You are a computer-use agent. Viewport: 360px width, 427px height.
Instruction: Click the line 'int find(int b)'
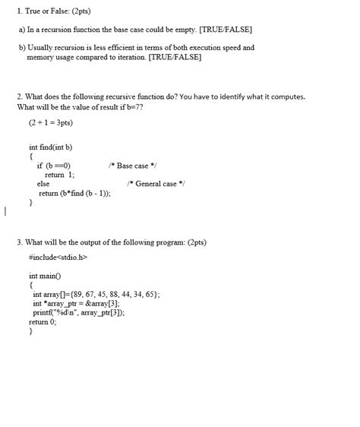(50, 147)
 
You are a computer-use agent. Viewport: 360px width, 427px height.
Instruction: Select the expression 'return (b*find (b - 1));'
(74, 193)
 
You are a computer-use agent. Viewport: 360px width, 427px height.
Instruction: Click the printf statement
(78, 312)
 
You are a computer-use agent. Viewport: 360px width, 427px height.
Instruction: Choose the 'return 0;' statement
(43, 321)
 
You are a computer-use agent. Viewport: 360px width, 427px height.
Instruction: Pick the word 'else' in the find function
(43, 183)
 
